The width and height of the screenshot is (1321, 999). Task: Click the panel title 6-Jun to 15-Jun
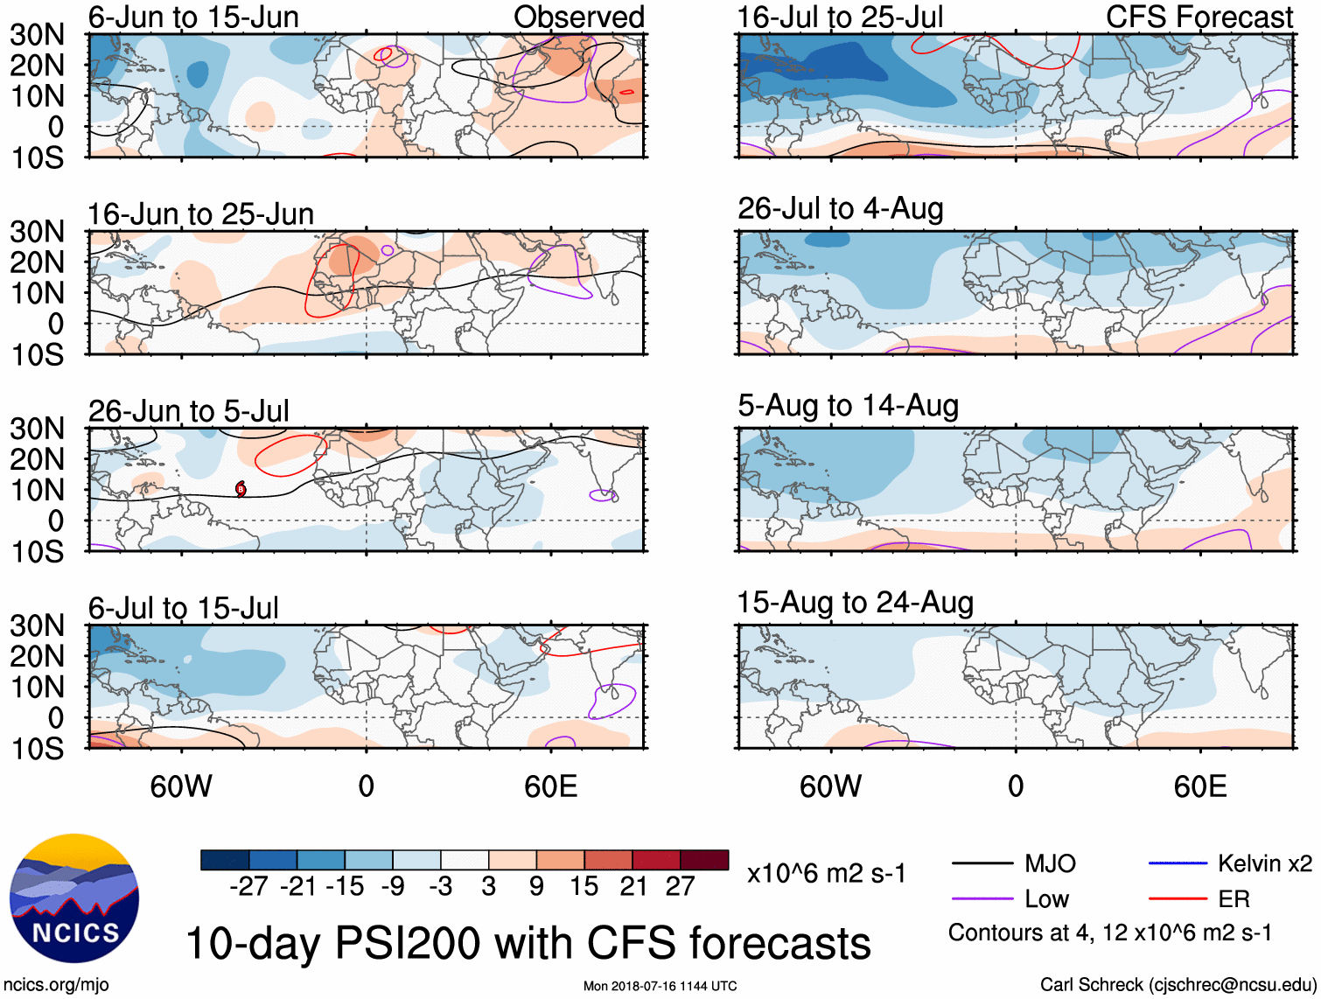pos(193,17)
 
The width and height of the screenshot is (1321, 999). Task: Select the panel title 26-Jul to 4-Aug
pos(840,209)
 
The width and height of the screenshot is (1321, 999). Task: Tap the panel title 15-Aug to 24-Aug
pos(855,603)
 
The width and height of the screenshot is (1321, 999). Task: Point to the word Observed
pos(578,17)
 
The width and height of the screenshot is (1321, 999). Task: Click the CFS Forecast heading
pos(1199,17)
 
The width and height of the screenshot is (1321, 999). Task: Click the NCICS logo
pos(74,898)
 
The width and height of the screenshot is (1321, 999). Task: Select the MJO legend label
pos(1050,864)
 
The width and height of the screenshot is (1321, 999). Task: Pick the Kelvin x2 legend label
pos(1264,864)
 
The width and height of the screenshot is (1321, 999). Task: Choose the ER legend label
pos(1234,899)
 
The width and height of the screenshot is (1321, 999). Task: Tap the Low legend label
pos(1046,899)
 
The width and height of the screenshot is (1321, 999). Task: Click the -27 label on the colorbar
pos(248,887)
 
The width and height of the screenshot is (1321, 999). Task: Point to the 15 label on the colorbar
pos(584,887)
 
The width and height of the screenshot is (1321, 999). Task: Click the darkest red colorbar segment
pos(704,860)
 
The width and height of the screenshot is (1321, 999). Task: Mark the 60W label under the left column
pos(181,786)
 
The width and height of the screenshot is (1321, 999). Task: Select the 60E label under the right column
pos(1199,786)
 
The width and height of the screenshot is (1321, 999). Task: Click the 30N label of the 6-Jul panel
pos(37,626)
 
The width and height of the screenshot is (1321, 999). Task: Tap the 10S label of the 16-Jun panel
pos(37,355)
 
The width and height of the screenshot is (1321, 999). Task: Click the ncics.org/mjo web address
pos(56,985)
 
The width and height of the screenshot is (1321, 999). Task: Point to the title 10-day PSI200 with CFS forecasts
pos(528,944)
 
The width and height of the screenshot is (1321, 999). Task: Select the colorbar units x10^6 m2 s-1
pos(826,874)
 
